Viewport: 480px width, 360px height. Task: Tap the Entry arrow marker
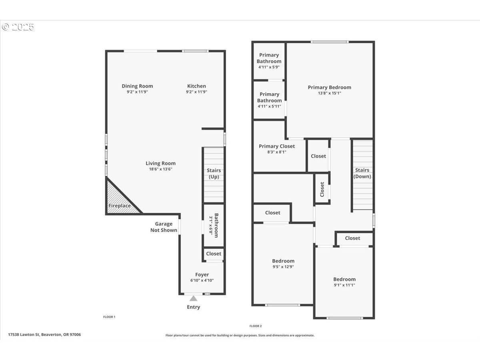(x=193, y=298)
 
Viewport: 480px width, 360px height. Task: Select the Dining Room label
(x=137, y=86)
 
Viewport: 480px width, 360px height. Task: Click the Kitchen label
(x=196, y=86)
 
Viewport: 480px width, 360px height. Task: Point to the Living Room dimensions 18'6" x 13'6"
(x=160, y=169)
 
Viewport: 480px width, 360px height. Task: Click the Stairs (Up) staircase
(x=214, y=175)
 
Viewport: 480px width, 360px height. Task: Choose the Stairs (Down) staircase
(x=362, y=175)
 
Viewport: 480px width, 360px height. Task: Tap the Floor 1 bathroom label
(x=214, y=225)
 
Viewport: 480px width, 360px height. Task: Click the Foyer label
(x=202, y=274)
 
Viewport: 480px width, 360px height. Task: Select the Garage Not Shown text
(x=164, y=227)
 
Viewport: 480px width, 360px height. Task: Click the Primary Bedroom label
(x=330, y=87)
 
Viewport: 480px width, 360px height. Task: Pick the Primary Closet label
(x=277, y=146)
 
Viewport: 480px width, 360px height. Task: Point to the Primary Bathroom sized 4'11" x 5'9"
(x=269, y=61)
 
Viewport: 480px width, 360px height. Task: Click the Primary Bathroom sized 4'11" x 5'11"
(x=269, y=100)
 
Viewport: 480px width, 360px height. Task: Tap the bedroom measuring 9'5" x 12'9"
(x=283, y=264)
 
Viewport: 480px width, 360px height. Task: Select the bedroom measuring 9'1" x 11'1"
(x=344, y=282)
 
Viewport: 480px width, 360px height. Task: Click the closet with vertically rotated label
(x=322, y=189)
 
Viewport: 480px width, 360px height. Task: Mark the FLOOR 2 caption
(x=255, y=326)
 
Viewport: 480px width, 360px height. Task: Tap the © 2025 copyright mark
(x=18, y=27)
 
